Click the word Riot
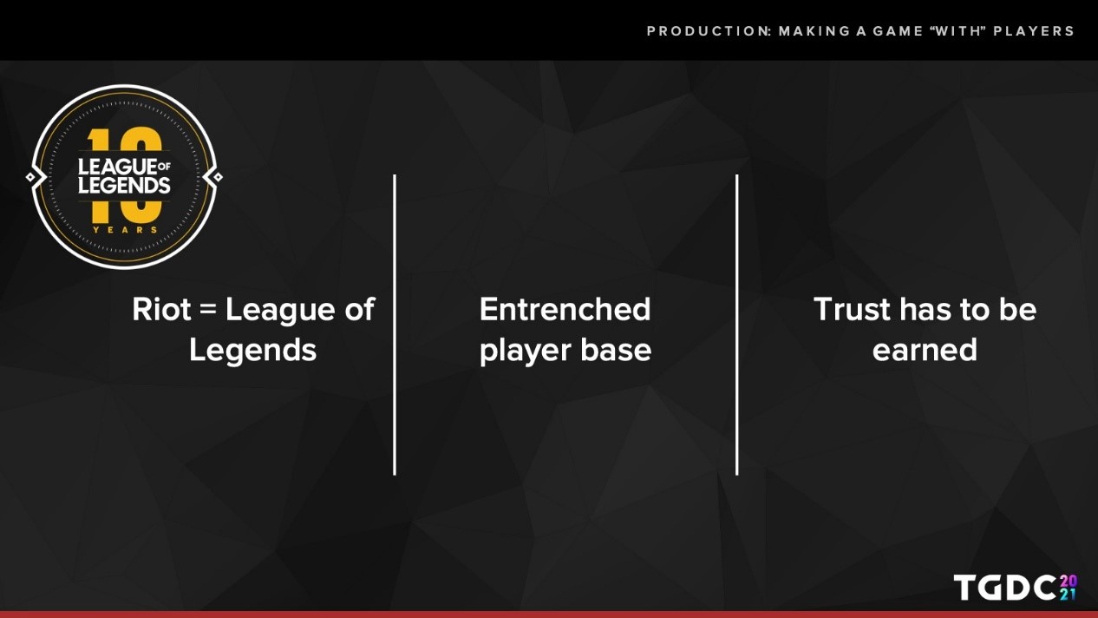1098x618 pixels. click(161, 310)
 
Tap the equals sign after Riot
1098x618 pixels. click(208, 310)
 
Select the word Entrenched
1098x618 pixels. click(565, 310)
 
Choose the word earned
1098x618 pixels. click(925, 350)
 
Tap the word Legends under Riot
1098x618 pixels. click(253, 352)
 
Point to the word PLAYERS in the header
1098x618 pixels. click(1034, 31)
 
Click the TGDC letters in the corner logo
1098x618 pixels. click(1005, 587)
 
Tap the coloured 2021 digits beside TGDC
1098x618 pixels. click(1069, 587)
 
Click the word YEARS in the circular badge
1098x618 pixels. click(126, 229)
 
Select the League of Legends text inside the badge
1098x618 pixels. click(124, 176)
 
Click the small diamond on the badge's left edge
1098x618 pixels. click(30, 177)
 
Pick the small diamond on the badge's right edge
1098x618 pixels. click(218, 177)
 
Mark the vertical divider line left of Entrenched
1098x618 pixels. click(395, 325)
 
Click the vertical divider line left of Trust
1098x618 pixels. click(736, 325)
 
